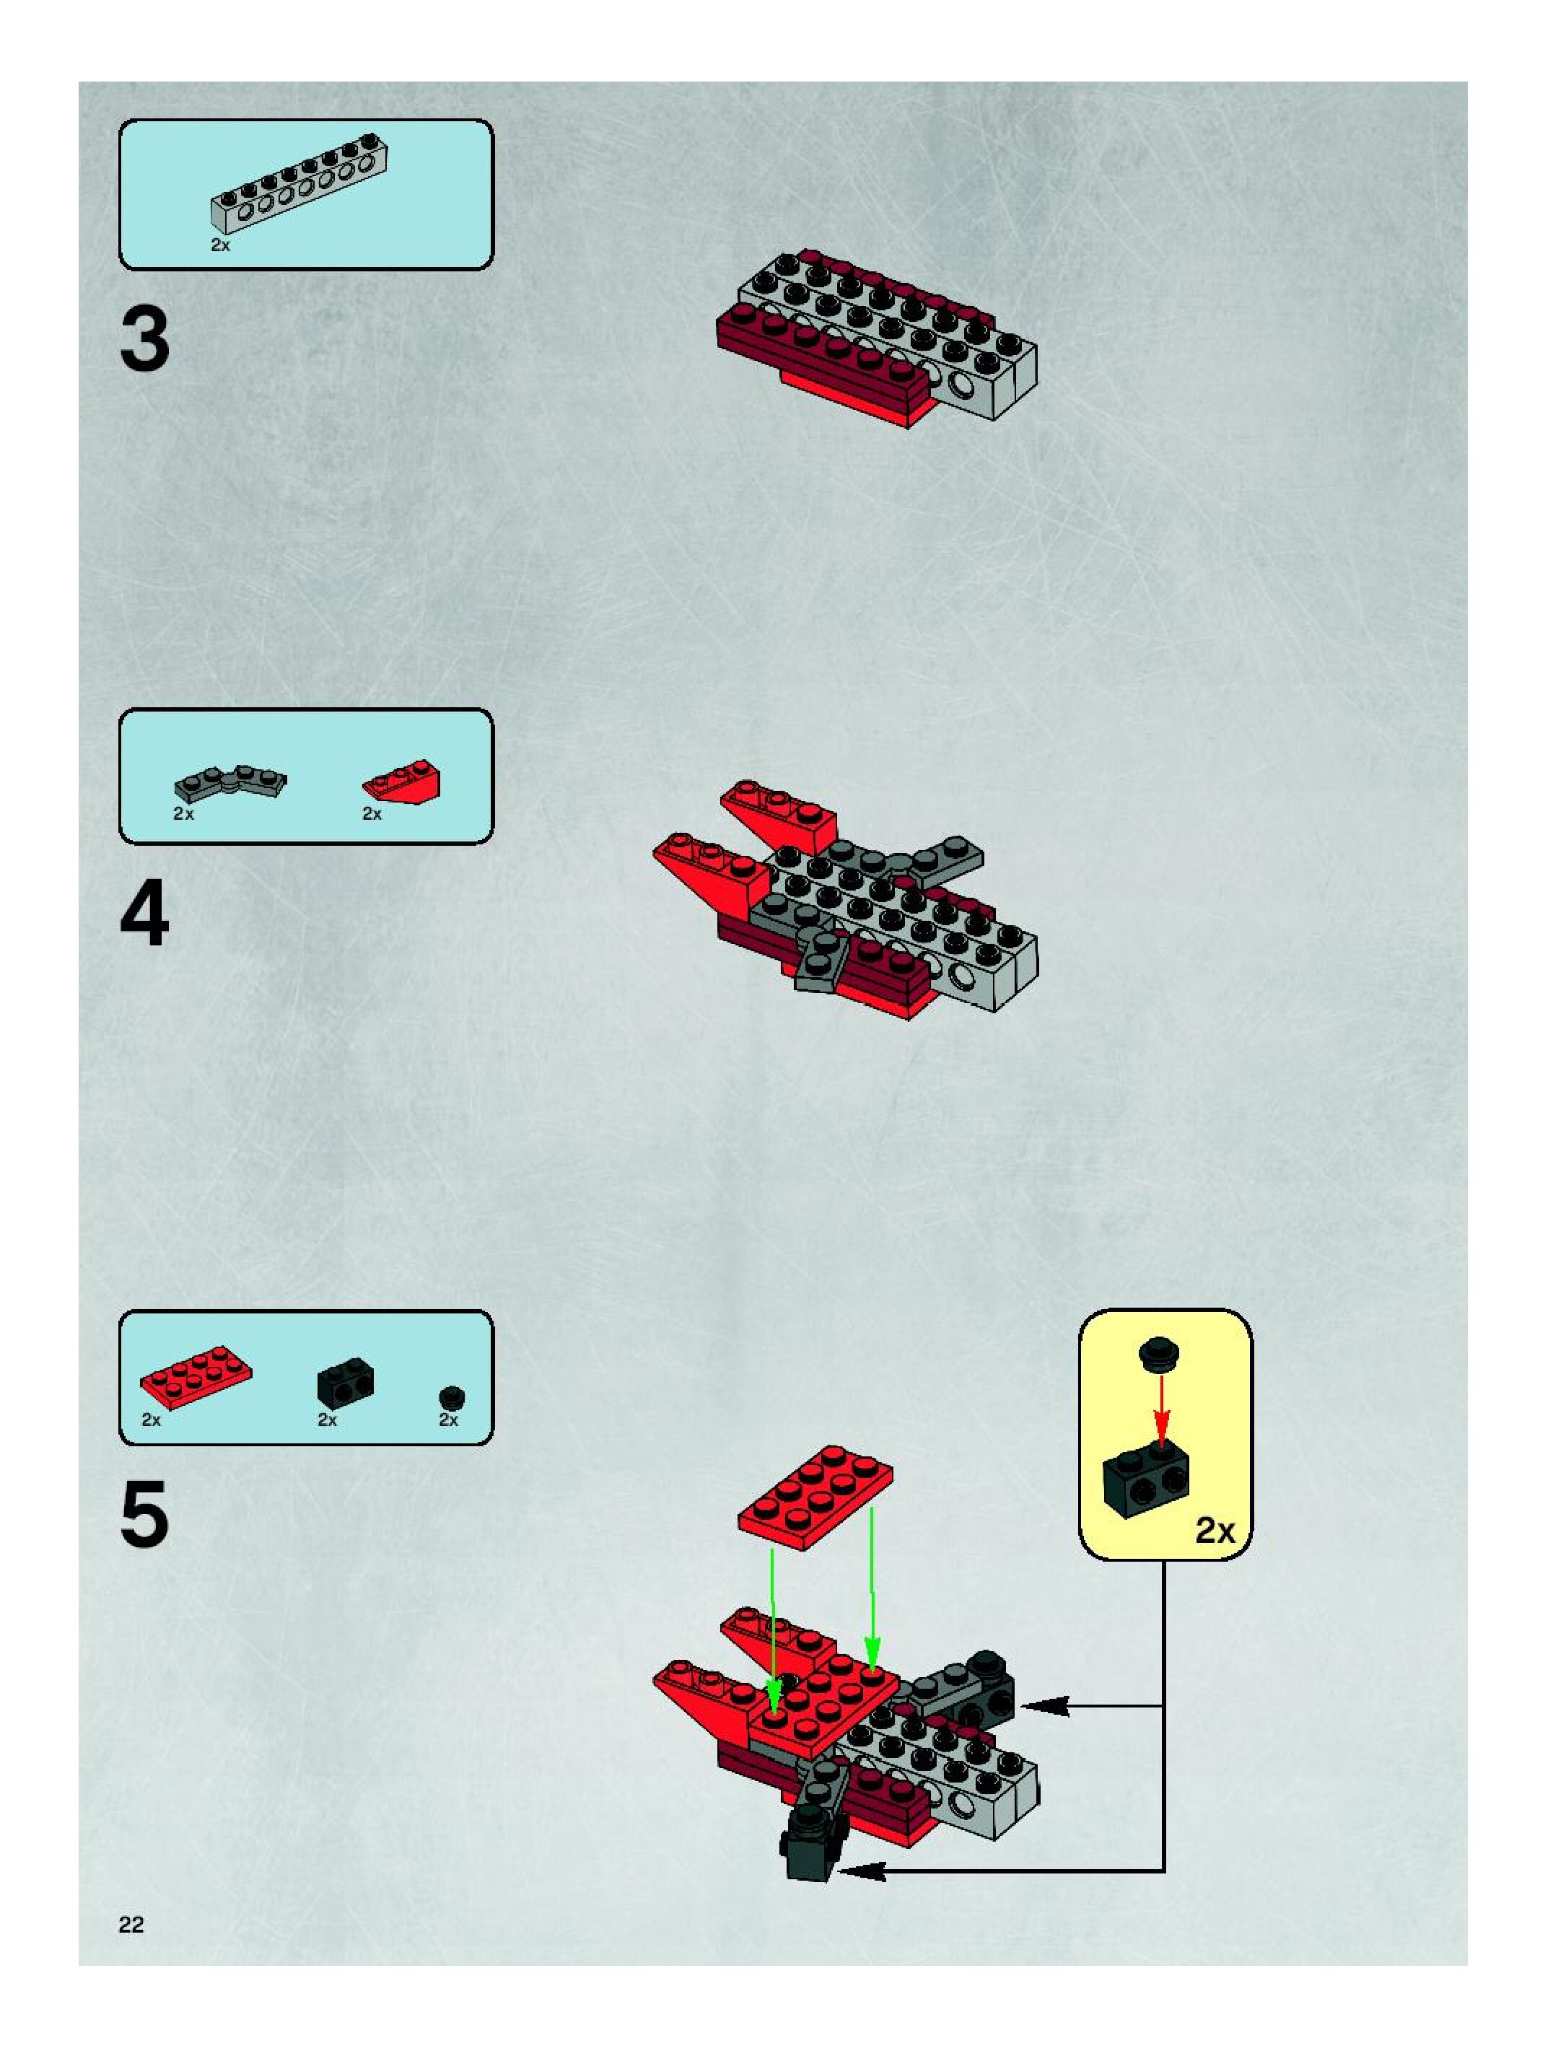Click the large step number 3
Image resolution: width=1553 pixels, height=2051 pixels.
[x=146, y=341]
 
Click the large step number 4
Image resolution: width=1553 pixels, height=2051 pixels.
[x=146, y=915]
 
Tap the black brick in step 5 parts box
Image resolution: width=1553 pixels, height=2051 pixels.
[x=345, y=1381]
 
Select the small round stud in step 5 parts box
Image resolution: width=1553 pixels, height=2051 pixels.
[x=452, y=1396]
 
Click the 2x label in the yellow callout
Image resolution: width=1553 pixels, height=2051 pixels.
[x=1215, y=1530]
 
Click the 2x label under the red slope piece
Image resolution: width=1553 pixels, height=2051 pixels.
[x=372, y=813]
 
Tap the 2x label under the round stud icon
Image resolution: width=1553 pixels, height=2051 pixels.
[x=449, y=1420]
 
